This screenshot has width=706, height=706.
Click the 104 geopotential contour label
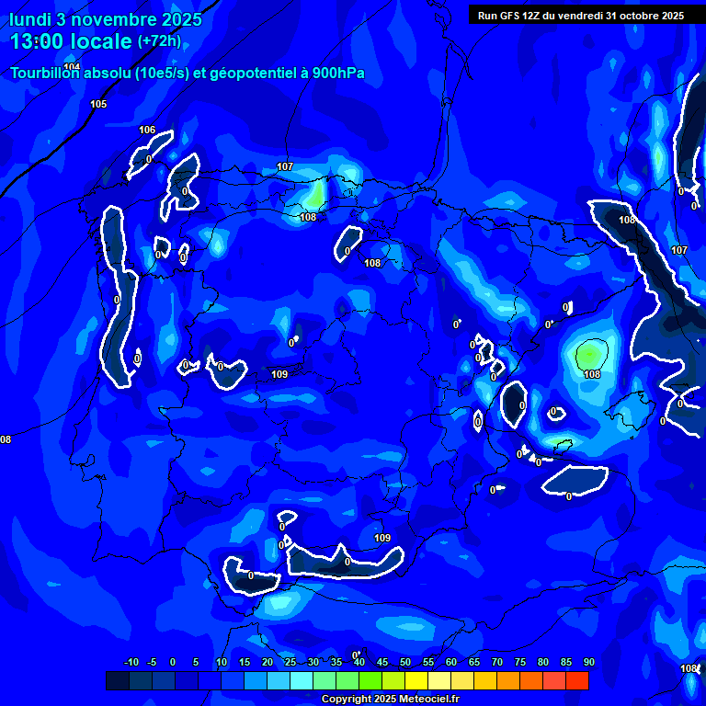[73, 67]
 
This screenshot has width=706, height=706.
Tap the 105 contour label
[98, 104]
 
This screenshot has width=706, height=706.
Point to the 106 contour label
[147, 130]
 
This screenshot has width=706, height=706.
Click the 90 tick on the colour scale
[588, 662]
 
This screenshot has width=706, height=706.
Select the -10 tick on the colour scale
[131, 662]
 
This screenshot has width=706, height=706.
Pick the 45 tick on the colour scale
[381, 662]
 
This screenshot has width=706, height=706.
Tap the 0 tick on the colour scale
[173, 662]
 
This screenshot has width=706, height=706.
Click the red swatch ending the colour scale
[577, 680]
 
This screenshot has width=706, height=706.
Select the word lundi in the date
[30, 19]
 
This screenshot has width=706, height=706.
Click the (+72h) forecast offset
[159, 41]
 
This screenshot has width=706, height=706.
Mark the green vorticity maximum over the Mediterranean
[590, 354]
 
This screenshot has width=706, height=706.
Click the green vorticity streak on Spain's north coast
[316, 194]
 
